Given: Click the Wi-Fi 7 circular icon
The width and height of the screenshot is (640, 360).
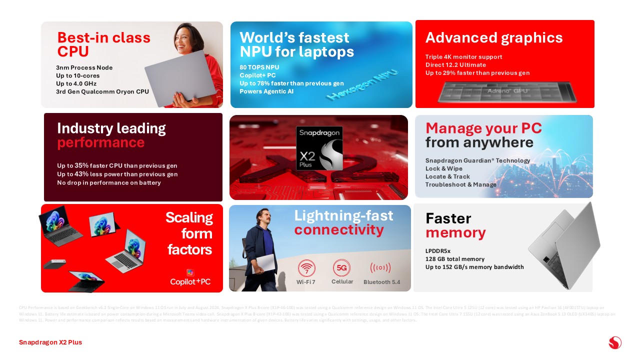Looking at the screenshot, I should [306, 268].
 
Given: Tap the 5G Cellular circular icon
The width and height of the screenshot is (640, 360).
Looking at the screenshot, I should [342, 268].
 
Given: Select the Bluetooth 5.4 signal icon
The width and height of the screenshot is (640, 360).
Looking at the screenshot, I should [380, 268].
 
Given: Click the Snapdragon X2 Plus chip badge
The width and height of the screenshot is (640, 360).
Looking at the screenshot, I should [319, 148].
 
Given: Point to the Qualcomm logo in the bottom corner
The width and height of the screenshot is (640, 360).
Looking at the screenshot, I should [615, 342].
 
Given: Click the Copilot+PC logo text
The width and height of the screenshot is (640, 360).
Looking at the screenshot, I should [190, 281].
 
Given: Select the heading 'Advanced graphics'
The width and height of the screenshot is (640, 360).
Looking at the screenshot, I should [494, 38].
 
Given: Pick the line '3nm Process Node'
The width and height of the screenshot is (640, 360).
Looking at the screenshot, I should [84, 67].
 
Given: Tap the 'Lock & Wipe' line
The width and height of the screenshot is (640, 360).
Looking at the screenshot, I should [444, 168].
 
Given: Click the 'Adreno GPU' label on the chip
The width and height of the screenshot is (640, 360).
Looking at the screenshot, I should [507, 91].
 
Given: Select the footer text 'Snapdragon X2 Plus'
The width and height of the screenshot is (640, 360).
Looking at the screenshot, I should [50, 342].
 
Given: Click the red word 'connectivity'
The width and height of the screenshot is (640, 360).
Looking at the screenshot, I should [339, 230].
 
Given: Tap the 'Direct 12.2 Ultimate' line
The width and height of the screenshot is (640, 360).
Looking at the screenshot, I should [455, 65].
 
